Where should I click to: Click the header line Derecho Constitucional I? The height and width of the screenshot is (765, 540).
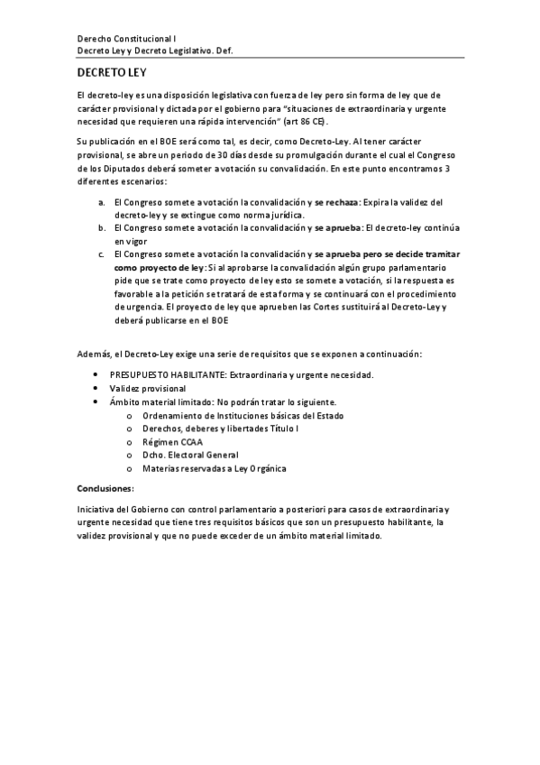click(127, 40)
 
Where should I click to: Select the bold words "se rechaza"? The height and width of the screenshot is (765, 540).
click(336, 203)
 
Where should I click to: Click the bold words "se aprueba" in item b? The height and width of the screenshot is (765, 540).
click(339, 229)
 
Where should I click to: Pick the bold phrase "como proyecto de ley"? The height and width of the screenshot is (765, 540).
click(159, 268)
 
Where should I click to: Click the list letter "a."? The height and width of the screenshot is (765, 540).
click(102, 203)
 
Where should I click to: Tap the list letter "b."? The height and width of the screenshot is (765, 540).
click(102, 229)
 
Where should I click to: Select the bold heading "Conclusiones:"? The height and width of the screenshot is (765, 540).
click(105, 488)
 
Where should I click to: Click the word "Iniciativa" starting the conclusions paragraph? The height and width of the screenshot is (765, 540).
click(98, 510)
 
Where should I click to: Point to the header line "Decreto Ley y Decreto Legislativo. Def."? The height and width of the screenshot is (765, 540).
click(155, 52)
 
